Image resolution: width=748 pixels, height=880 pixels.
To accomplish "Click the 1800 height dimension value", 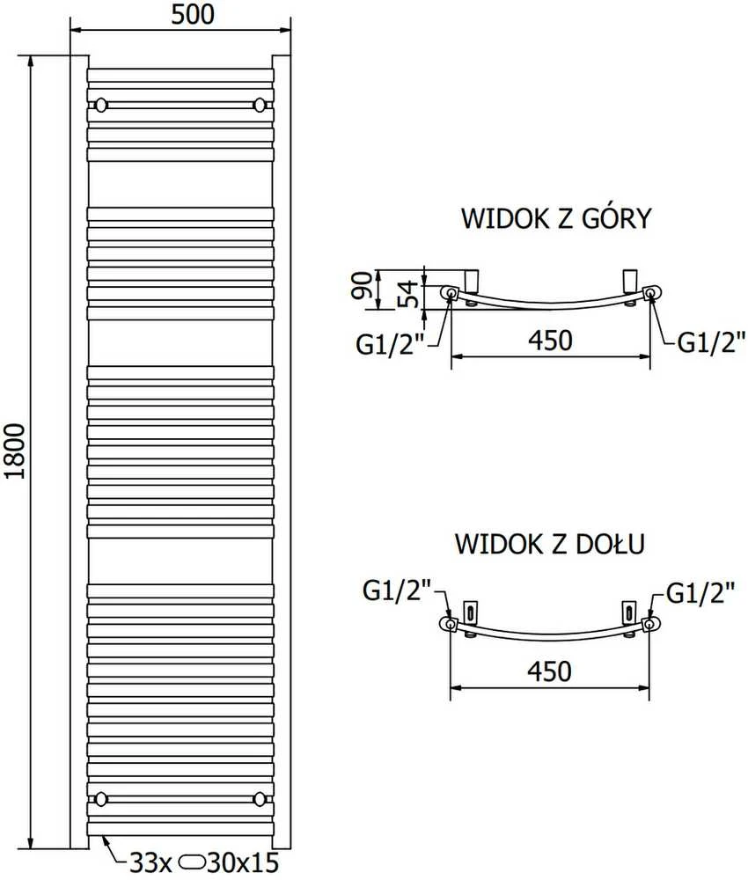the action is (x=15, y=451).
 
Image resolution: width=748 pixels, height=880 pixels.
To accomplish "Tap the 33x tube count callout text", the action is (x=150, y=862).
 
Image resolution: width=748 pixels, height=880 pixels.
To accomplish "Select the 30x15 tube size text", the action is (x=242, y=862).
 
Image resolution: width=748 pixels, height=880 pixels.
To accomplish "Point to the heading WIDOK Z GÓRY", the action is (x=556, y=217).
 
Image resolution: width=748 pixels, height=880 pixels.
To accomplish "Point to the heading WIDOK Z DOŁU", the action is (x=550, y=543).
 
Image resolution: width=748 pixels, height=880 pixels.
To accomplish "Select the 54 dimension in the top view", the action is (x=410, y=294).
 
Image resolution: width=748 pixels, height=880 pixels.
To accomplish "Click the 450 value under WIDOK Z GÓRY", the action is (x=550, y=340).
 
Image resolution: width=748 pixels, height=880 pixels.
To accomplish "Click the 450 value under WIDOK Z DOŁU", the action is (x=549, y=671).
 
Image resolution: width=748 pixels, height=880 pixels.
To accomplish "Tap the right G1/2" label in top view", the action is (x=712, y=341).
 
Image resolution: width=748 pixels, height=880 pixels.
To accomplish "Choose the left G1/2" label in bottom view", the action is (x=397, y=590).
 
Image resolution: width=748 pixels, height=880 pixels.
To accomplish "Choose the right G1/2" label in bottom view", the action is (x=700, y=591).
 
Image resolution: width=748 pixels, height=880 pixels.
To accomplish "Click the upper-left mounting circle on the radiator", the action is (x=101, y=105).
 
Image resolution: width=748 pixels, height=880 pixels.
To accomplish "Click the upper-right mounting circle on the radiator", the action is (x=260, y=105).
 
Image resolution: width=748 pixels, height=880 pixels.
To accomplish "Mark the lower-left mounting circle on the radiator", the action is (x=101, y=798).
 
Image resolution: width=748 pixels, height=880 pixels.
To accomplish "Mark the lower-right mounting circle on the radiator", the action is (x=260, y=798).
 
